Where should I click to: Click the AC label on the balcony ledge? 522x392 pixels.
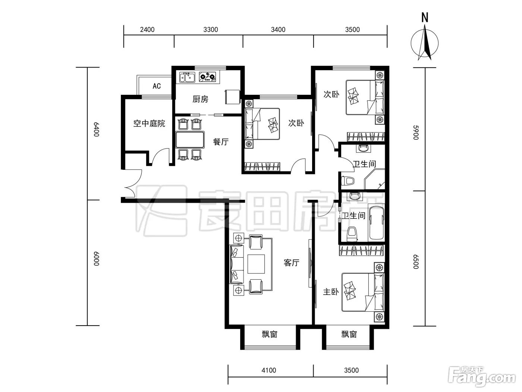(x=157, y=86)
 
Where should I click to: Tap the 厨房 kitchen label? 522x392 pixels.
(x=200, y=99)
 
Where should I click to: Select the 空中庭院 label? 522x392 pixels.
(x=149, y=124)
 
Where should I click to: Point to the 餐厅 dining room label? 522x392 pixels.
(x=221, y=142)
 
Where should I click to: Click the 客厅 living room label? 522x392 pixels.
(x=291, y=263)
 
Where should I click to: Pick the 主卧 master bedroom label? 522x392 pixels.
(x=331, y=292)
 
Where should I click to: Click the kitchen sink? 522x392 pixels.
(x=187, y=77)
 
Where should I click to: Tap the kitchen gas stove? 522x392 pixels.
(x=207, y=77)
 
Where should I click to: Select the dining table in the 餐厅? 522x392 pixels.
(x=190, y=140)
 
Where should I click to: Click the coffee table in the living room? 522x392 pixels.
(x=256, y=264)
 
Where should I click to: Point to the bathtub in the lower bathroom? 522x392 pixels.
(x=376, y=223)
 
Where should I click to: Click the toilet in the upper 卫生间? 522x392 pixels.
(x=348, y=181)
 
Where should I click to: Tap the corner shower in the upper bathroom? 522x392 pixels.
(x=375, y=179)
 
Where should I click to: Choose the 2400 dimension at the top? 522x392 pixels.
(x=147, y=29)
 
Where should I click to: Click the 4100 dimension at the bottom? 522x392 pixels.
(x=269, y=370)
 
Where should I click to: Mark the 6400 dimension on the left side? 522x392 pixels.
(x=96, y=130)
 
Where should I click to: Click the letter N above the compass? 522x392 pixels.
(x=425, y=18)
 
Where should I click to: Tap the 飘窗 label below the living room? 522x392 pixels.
(x=270, y=335)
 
